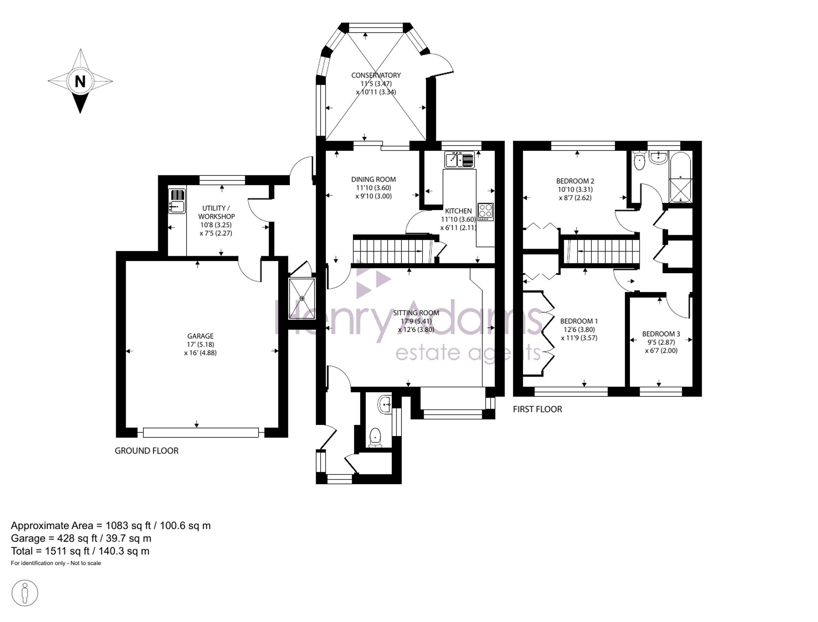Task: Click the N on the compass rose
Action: tap(80, 81)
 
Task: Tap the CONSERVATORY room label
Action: tap(376, 75)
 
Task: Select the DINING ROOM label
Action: tap(373, 179)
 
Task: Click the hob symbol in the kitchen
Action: tap(485, 212)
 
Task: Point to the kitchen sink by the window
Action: tap(460, 159)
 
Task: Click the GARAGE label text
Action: tap(200, 336)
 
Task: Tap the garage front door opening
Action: tap(200, 432)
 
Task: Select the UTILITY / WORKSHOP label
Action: tap(216, 212)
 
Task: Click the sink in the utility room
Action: tap(178, 207)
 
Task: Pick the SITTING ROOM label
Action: tap(416, 313)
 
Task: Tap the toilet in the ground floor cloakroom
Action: tap(375, 437)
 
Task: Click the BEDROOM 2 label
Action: tap(575, 181)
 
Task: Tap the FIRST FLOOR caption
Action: tap(537, 409)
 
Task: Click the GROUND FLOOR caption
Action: tap(146, 451)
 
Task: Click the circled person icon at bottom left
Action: tap(25, 593)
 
